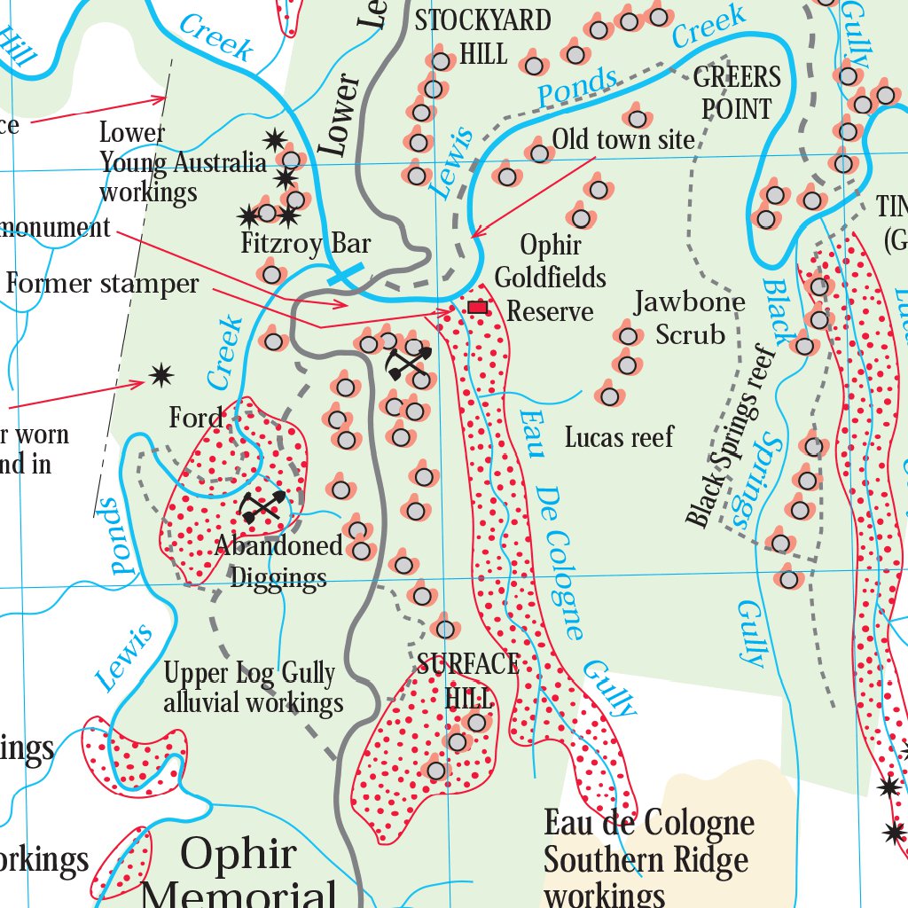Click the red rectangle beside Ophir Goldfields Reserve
click(x=478, y=307)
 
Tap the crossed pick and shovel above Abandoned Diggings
click(x=262, y=506)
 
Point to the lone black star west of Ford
click(x=160, y=375)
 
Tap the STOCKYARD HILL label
click(x=483, y=36)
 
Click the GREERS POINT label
click(x=737, y=92)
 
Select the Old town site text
click(x=623, y=139)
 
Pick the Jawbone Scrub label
click(x=690, y=318)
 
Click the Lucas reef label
click(x=619, y=437)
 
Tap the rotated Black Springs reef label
click(x=732, y=434)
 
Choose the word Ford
click(x=196, y=418)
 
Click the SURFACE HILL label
click(x=468, y=679)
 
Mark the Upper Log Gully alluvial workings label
click(x=253, y=688)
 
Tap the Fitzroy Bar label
click(x=306, y=243)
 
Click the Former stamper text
click(x=103, y=284)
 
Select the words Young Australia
click(x=183, y=162)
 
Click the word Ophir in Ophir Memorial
click(x=238, y=854)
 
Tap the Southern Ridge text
click(x=646, y=859)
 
